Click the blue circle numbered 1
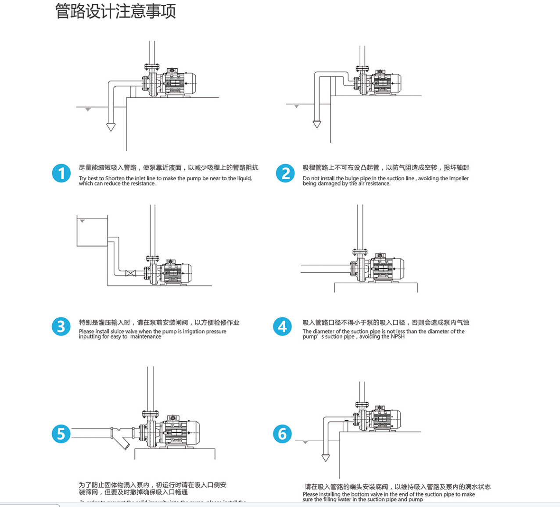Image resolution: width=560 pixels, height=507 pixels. coord(61,173)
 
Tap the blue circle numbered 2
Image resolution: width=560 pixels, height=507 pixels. coord(285,173)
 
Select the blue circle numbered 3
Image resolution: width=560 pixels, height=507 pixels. coord(61,327)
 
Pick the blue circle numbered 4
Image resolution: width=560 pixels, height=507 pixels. coord(282,327)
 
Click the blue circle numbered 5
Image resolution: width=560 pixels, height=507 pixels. coord(61,434)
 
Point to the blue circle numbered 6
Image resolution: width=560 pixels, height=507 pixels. coord(282,434)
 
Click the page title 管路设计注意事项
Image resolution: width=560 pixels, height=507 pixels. coord(115,11)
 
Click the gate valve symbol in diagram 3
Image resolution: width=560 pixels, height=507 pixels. coord(130,273)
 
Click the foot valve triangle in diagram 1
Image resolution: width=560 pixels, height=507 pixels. coord(111,127)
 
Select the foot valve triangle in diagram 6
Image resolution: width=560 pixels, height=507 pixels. coord(326,458)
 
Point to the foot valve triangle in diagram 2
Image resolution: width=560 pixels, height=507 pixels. coord(317,124)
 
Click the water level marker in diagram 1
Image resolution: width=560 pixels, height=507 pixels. coord(88,109)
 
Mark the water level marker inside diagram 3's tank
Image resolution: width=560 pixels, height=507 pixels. coord(82,221)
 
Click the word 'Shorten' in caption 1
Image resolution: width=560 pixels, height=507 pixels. coord(115,179)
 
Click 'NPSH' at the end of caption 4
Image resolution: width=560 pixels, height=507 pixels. coord(398,337)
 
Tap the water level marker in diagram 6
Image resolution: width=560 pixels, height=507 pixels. coord(305,442)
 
